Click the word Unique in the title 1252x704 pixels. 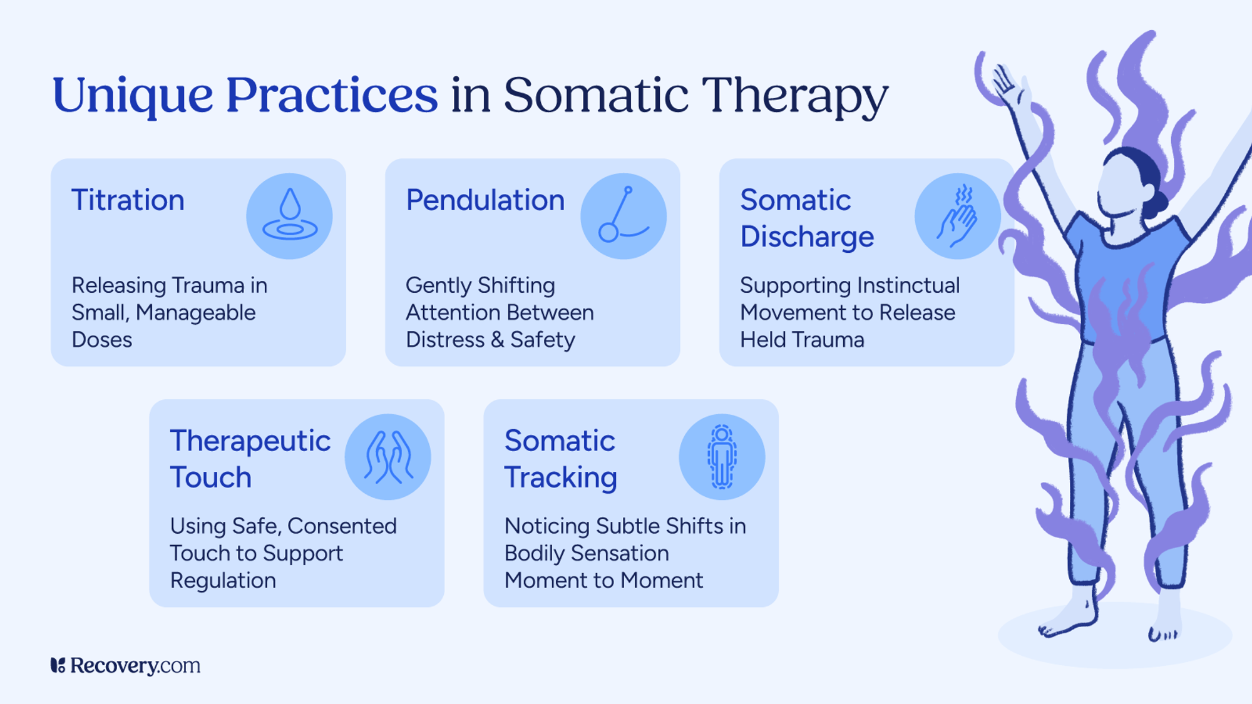pos(133,95)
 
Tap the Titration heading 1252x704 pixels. pos(128,200)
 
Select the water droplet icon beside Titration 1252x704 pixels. pos(289,216)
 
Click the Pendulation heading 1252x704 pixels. pos(485,200)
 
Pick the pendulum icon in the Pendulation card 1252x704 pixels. pos(623,216)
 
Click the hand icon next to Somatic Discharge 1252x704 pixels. pos(957,216)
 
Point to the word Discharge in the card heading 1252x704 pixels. pos(807,237)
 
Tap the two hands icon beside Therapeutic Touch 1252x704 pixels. pos(388,457)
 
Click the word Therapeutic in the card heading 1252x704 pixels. pos(250,441)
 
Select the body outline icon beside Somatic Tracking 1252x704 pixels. pos(722,457)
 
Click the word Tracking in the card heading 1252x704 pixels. pos(561,477)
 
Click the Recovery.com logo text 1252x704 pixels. pos(135,665)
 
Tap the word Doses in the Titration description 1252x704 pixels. pos(102,340)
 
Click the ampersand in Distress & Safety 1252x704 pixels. pos(497,340)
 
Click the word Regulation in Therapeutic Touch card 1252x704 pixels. pos(223,581)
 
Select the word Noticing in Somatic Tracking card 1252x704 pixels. pos(546,526)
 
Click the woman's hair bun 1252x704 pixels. pos(1158,202)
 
